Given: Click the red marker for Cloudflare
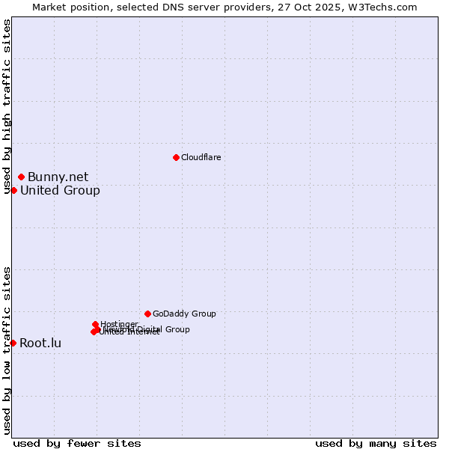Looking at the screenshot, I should click(x=176, y=157).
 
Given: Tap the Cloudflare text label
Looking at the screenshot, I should click(x=201, y=157).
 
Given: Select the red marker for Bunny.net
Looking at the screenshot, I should click(x=21, y=177).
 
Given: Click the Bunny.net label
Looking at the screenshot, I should click(x=58, y=177).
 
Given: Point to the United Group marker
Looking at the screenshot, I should click(x=13, y=190).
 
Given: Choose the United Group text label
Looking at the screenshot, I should click(x=60, y=191).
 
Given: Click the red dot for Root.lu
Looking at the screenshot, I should click(x=13, y=343).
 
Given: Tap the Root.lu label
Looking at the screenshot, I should click(x=40, y=343).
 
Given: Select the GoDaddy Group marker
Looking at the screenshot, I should click(x=147, y=314).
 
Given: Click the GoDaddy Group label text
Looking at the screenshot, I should click(x=184, y=314).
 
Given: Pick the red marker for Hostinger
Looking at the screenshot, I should click(x=95, y=324).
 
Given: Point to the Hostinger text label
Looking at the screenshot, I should click(x=119, y=324).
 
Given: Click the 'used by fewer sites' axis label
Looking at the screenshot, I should click(x=77, y=443).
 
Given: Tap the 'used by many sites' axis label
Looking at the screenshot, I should click(x=376, y=443).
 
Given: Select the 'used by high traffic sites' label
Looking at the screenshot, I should click(x=7, y=106).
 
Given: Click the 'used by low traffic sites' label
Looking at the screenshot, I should click(x=7, y=349).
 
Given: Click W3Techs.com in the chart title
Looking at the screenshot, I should click(x=387, y=7).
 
